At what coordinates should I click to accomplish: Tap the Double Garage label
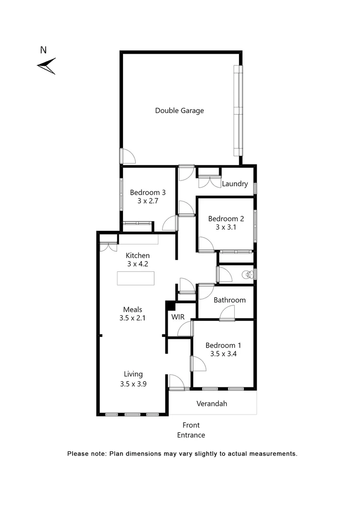pyautogui.click(x=180, y=111)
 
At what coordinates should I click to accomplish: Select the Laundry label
pyautogui.click(x=235, y=184)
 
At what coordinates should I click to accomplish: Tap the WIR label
pyautogui.click(x=178, y=317)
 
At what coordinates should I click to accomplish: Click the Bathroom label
pyautogui.click(x=229, y=300)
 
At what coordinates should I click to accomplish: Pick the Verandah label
pyautogui.click(x=212, y=403)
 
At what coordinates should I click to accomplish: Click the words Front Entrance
pyautogui.click(x=191, y=430)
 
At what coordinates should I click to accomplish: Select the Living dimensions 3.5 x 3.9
pyautogui.click(x=133, y=384)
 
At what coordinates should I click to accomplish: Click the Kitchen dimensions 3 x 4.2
pyautogui.click(x=138, y=264)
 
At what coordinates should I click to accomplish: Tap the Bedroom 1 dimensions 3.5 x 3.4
pyautogui.click(x=221, y=354)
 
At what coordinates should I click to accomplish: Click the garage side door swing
pyautogui.click(x=128, y=156)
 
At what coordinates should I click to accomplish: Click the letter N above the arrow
pyautogui.click(x=43, y=49)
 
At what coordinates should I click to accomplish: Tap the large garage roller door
pyautogui.click(x=238, y=111)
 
